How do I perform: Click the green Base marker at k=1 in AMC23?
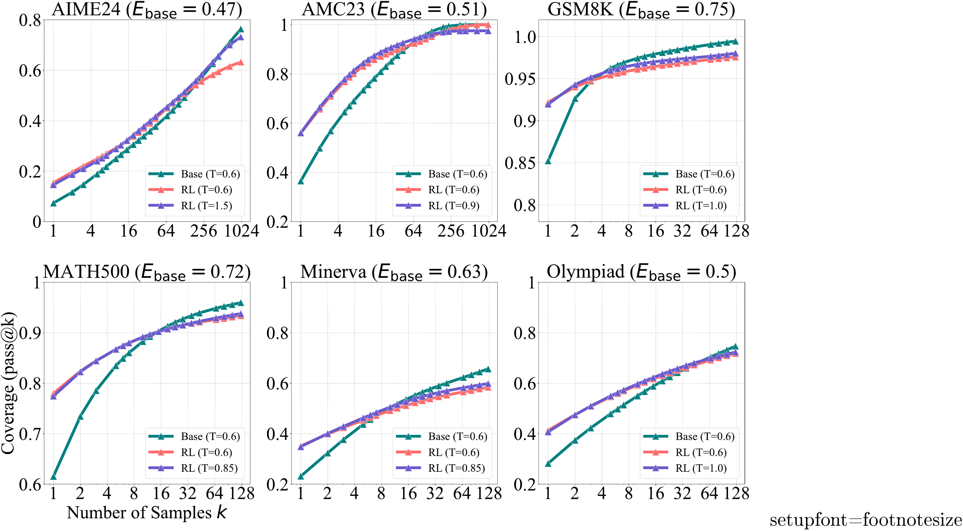click(x=300, y=181)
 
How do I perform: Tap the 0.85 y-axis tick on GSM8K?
click(x=520, y=163)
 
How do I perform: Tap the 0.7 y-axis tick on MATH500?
click(x=30, y=434)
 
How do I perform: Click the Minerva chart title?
click(x=394, y=272)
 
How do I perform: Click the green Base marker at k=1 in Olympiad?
click(x=548, y=464)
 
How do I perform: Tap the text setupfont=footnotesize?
click(x=865, y=520)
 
